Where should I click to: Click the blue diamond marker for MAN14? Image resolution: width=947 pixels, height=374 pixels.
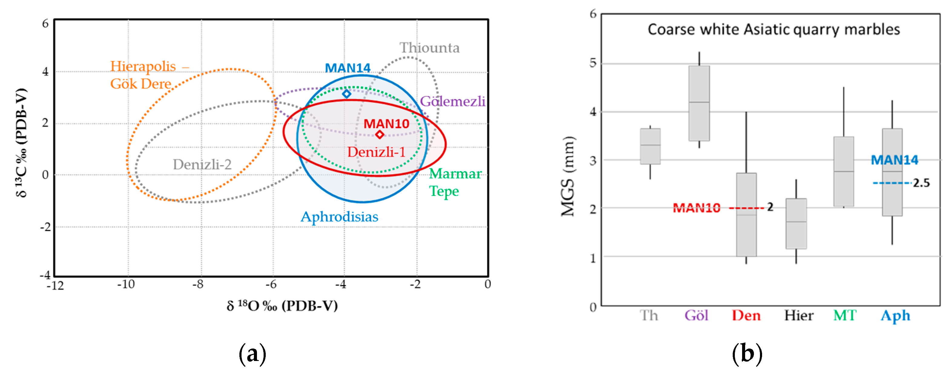tap(346, 94)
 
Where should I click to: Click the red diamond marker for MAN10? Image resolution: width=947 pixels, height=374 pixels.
tap(380, 134)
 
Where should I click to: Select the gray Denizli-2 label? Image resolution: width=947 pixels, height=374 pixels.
tap(202, 164)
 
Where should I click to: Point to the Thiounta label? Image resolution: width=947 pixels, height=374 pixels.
tap(429, 48)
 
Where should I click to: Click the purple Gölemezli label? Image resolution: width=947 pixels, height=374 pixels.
tap(452, 101)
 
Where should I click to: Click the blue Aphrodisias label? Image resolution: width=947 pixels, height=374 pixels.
tap(339, 217)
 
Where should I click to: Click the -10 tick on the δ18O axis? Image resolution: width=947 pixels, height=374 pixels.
tap(126, 284)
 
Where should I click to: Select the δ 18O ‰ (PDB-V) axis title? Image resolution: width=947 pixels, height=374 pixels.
tap(282, 306)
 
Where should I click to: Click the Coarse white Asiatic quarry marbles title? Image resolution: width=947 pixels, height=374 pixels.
tap(774, 29)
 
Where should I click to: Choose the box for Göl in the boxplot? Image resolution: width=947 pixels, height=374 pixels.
tap(699, 103)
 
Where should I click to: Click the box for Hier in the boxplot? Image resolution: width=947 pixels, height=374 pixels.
tap(796, 223)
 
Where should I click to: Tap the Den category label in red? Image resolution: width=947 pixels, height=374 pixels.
tap(746, 316)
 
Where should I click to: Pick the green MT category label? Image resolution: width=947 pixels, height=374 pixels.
tap(845, 316)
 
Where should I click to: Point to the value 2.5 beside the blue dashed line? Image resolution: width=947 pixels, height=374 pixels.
tap(921, 183)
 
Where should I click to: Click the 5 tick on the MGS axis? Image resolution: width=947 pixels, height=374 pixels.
tap(593, 63)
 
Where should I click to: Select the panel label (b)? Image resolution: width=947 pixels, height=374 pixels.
tap(747, 354)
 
